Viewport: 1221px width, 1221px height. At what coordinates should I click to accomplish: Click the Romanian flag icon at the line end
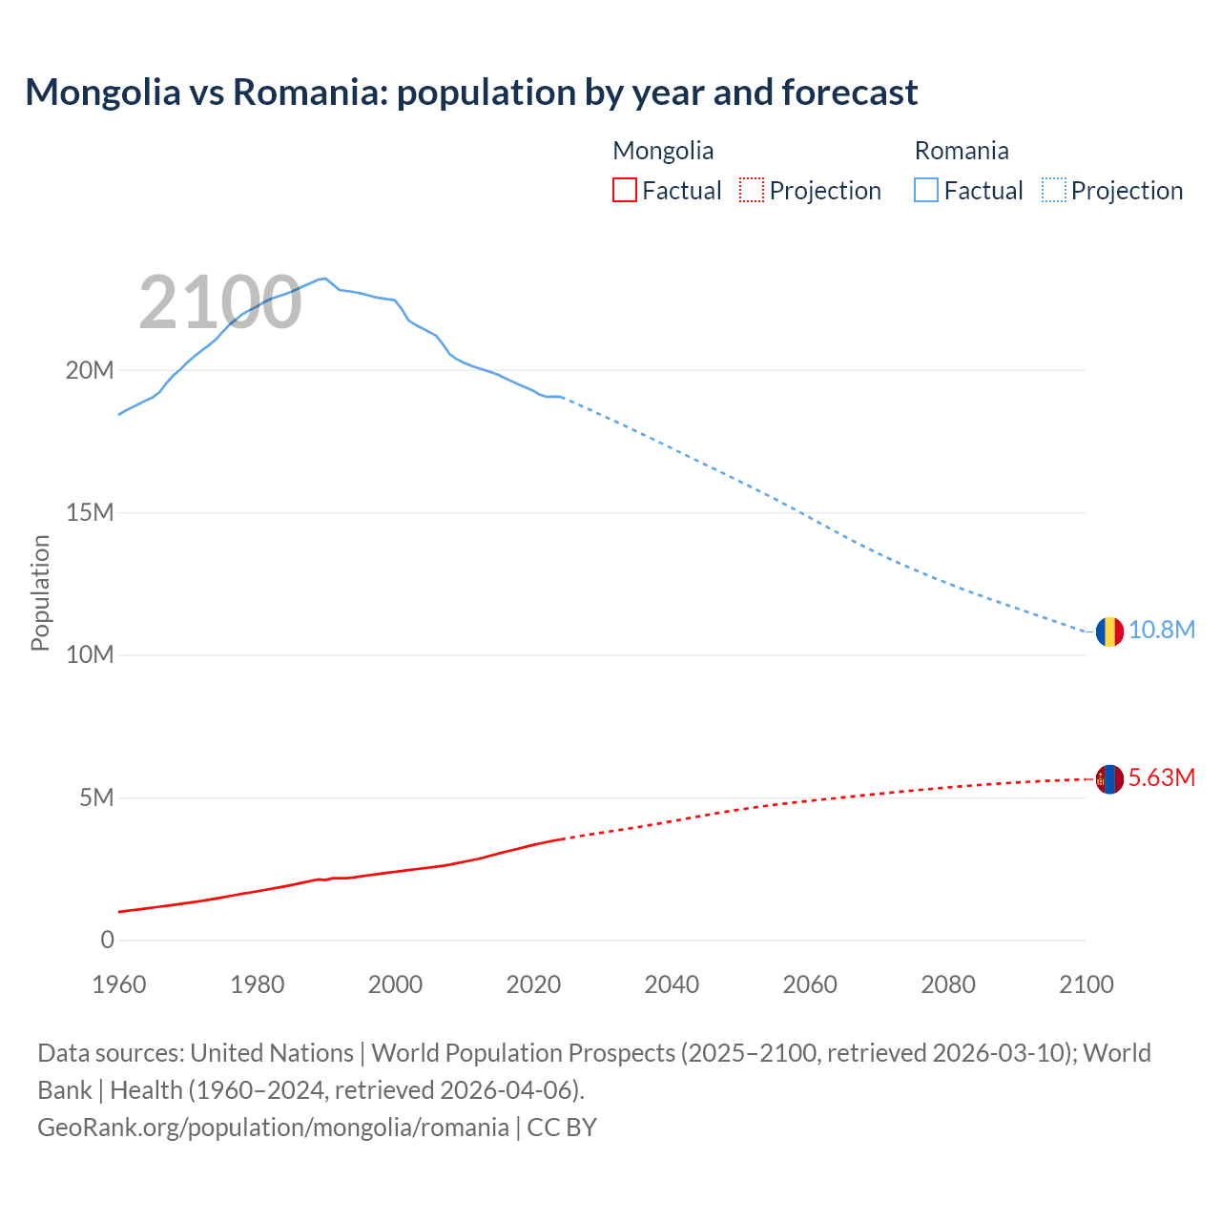click(x=1108, y=631)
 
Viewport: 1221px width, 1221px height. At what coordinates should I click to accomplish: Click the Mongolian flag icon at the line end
click(x=1108, y=779)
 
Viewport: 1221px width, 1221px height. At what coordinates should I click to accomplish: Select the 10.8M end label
click(x=1162, y=631)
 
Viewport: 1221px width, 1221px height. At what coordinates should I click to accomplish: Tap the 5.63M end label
click(x=1162, y=778)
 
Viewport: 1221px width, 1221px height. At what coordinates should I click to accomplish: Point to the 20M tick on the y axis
click(x=90, y=370)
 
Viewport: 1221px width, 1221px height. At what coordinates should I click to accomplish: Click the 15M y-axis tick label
click(x=90, y=513)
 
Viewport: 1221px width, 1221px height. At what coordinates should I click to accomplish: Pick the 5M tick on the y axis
click(x=95, y=797)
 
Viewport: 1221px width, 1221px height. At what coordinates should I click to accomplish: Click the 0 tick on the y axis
click(x=107, y=941)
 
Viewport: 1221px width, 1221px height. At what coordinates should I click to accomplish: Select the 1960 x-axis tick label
click(x=119, y=984)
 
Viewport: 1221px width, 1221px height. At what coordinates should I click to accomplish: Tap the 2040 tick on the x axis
click(x=672, y=984)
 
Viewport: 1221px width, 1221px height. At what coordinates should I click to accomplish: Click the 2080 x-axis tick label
click(x=948, y=984)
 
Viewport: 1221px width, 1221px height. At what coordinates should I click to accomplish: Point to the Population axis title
click(x=40, y=592)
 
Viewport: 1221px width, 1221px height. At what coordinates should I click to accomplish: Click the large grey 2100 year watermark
click(x=220, y=303)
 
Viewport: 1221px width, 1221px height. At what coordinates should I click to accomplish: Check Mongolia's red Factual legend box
click(x=625, y=190)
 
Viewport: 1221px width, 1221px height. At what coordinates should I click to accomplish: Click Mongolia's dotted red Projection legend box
click(x=752, y=190)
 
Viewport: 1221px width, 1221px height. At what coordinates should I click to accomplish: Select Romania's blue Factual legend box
click(x=926, y=190)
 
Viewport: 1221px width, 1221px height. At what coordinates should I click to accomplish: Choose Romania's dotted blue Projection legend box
click(x=1053, y=190)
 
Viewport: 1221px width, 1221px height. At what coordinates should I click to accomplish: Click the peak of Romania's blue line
click(x=325, y=278)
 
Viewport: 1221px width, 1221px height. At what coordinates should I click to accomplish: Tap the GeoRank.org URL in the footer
click(x=273, y=1128)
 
